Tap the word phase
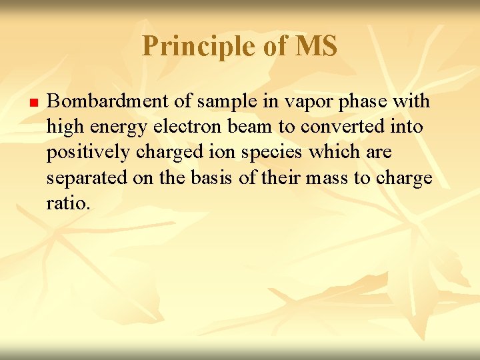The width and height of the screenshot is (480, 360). [361, 101]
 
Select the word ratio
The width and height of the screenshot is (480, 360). [67, 203]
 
